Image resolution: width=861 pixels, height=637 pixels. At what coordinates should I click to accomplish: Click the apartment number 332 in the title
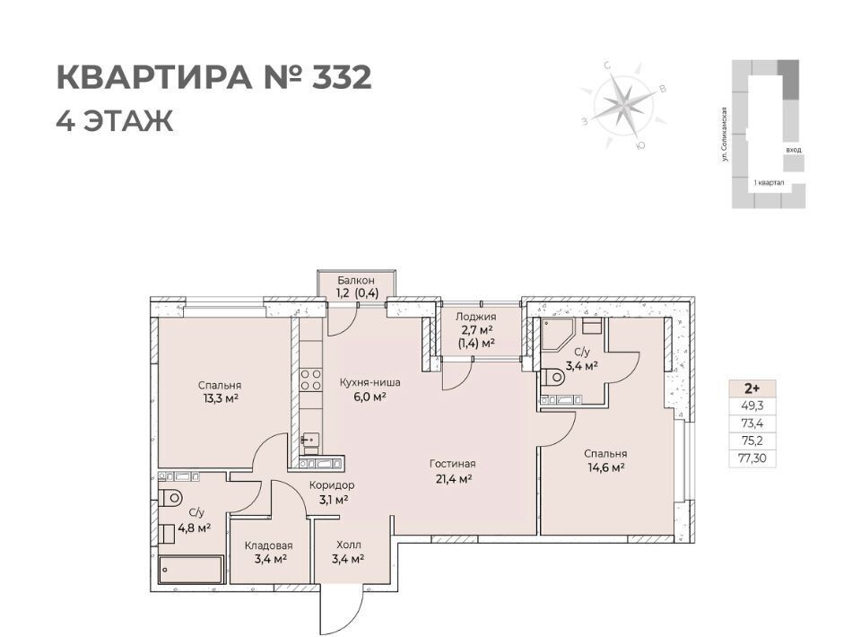(x=342, y=77)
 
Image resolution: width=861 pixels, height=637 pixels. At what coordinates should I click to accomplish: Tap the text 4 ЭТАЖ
(x=115, y=121)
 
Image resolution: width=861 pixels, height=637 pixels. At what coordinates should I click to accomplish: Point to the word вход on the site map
(x=793, y=149)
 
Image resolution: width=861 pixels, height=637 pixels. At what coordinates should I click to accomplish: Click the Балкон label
(x=356, y=281)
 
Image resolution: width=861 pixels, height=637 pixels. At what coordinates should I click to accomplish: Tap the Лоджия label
(x=476, y=317)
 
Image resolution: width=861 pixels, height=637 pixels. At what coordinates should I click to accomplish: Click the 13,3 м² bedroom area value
(x=220, y=398)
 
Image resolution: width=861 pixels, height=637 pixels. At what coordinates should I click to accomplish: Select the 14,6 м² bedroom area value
(x=605, y=467)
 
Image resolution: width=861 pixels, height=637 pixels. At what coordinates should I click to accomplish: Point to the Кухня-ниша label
(x=370, y=382)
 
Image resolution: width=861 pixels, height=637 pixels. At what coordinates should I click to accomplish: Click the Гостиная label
(x=452, y=464)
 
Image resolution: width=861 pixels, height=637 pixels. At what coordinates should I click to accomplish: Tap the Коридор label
(x=332, y=485)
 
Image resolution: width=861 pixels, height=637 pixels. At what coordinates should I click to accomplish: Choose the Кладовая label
(x=268, y=545)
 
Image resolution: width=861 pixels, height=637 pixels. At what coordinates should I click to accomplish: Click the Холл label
(x=349, y=545)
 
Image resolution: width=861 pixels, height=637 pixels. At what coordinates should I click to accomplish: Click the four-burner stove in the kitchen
(x=311, y=380)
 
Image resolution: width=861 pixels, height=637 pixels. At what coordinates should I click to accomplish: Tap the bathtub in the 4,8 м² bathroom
(x=191, y=570)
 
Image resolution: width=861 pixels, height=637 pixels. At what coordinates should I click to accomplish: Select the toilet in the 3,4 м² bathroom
(x=552, y=377)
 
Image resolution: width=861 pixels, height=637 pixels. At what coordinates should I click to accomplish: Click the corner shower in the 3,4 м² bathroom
(x=557, y=335)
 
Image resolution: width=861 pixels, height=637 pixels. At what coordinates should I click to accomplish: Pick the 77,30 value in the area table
(x=751, y=458)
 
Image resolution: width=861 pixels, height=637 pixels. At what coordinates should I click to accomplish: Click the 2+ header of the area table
(x=752, y=388)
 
